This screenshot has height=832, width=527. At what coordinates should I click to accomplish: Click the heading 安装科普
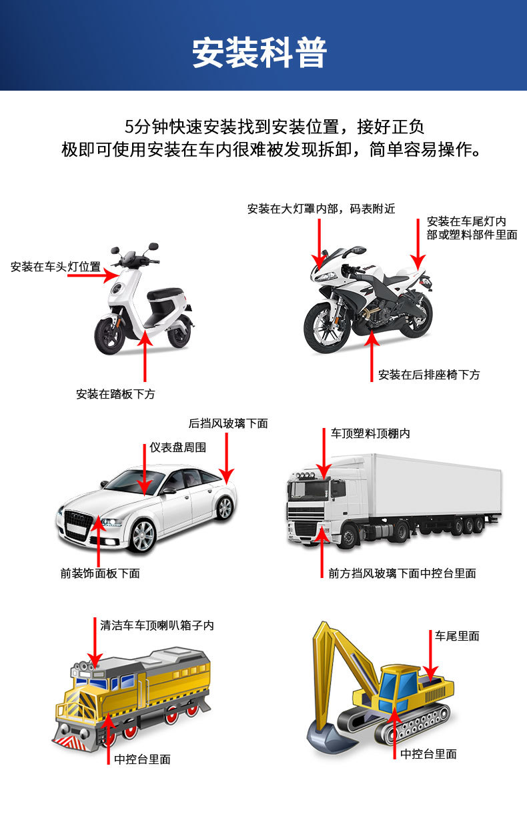(259, 53)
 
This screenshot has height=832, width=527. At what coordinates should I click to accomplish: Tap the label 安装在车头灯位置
(55, 267)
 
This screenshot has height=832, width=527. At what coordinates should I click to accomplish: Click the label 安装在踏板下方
(115, 394)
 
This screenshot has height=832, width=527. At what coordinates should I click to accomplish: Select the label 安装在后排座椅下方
(428, 375)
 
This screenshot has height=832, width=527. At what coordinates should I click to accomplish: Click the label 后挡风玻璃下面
(228, 423)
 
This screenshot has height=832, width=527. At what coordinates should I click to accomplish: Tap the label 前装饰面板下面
(100, 573)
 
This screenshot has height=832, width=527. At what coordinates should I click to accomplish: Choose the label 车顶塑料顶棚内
(370, 433)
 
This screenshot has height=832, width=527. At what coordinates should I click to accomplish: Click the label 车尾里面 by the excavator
(457, 636)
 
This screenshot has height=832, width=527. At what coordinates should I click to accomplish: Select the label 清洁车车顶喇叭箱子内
(157, 626)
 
